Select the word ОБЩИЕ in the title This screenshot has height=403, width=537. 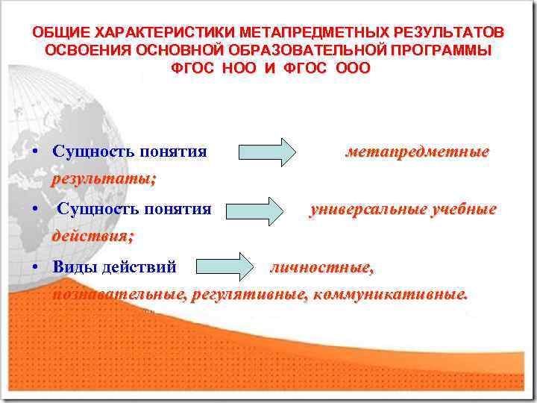tap(56, 33)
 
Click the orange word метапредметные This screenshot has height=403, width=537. tap(417, 152)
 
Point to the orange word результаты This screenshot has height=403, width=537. tap(103, 180)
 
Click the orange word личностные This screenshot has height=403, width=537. tap(321, 267)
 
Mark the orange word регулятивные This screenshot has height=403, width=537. tap(248, 295)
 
